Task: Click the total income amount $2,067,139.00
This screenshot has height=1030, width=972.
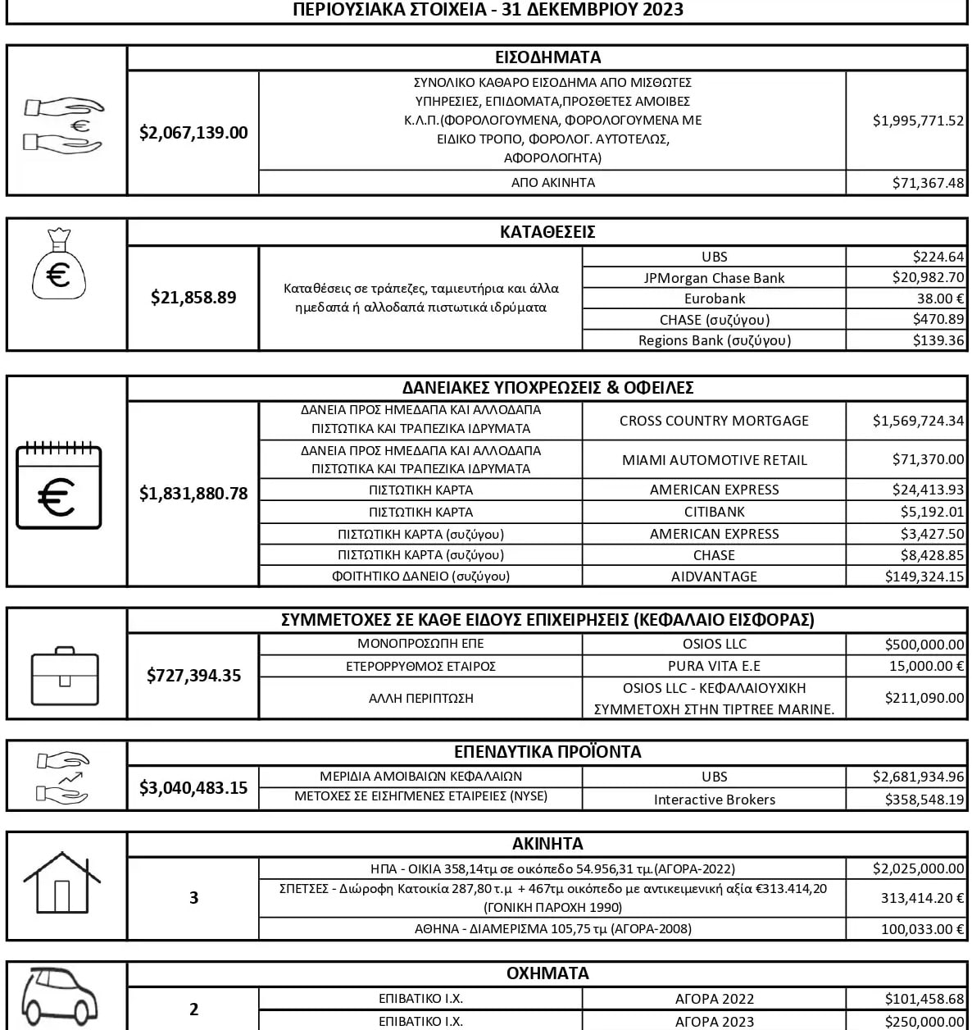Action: click(193, 133)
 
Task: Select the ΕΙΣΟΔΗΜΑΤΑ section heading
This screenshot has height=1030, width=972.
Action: click(547, 57)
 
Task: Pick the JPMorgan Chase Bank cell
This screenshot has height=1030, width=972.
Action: click(714, 278)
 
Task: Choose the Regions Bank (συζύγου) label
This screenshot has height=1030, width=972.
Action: click(714, 340)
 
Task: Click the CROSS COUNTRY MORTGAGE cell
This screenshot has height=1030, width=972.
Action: click(714, 421)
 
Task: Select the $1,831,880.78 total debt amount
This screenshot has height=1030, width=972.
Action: click(193, 494)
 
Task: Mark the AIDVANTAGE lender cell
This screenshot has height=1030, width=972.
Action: click(714, 577)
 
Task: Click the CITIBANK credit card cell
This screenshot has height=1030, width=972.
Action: click(714, 512)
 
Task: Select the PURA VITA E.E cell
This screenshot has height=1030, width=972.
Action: click(714, 666)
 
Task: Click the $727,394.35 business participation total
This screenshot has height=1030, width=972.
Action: click(193, 676)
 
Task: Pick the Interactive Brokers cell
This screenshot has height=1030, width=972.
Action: click(714, 800)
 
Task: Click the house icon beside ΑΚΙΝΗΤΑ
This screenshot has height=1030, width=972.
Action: click(62, 882)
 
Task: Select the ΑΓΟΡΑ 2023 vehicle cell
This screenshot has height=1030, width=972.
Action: click(714, 1022)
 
